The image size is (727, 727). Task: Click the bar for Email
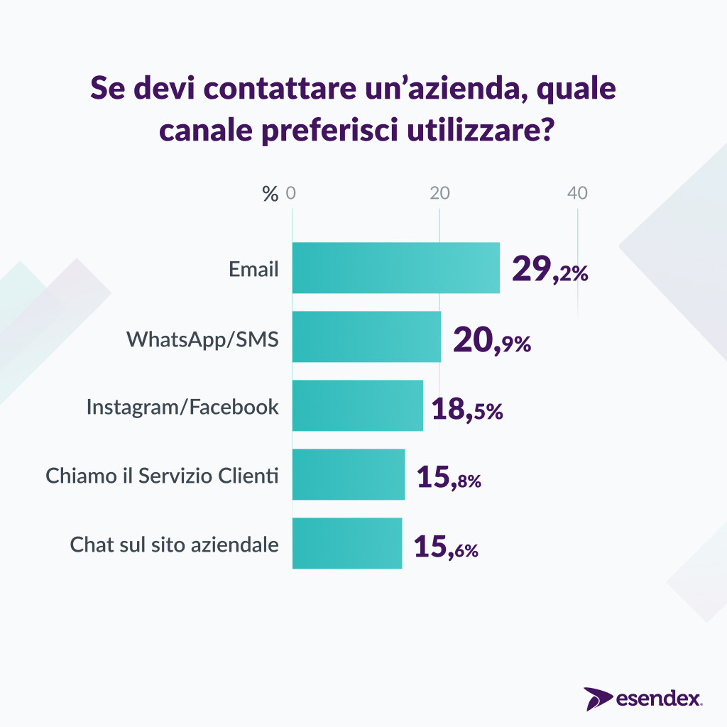395,268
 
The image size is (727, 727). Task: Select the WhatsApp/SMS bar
366,337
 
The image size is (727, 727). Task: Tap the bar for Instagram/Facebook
357,405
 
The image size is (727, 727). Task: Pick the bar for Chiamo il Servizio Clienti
348,474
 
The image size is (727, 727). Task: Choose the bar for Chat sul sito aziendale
346,543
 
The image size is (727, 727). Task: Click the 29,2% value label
550,270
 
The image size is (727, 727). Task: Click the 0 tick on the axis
290,193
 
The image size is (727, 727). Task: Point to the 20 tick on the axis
439,193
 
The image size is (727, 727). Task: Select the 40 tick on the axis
577,193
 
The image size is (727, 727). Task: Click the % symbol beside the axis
270,194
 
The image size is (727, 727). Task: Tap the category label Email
253,269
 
